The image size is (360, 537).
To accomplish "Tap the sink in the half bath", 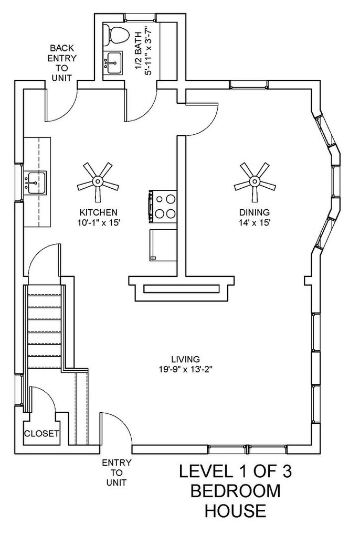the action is click(x=112, y=63).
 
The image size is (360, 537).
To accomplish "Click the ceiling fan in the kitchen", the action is click(x=98, y=182).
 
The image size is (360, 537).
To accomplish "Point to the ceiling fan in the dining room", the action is click(x=255, y=182).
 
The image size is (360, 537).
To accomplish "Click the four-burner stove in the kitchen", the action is click(x=163, y=207).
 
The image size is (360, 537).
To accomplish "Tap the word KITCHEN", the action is click(x=99, y=212).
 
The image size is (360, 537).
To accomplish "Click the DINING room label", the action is click(x=255, y=212).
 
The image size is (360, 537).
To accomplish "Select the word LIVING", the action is click(x=185, y=359).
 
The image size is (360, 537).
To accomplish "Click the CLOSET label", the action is click(x=41, y=434).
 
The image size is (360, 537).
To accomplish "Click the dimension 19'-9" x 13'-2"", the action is click(x=185, y=370).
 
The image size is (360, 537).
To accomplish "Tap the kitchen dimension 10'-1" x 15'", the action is click(x=99, y=222).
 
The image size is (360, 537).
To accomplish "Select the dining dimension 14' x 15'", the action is click(x=255, y=222).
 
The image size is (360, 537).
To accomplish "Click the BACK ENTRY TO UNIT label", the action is click(x=62, y=63).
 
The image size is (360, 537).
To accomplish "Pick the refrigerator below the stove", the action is click(x=163, y=245).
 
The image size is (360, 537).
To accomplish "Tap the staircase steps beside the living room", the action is click(x=45, y=327).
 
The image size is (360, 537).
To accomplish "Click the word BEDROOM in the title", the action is click(x=236, y=491).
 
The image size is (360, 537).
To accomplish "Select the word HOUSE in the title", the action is click(x=236, y=510).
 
